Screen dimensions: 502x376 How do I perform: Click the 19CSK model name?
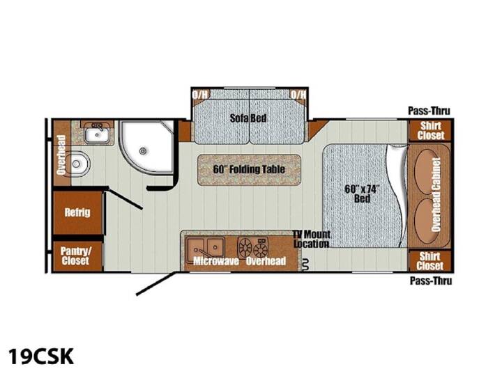(41, 357)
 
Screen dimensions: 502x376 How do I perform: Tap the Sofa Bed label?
(248, 118)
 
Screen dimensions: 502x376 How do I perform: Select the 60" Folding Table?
(249, 169)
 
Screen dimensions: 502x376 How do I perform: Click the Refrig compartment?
(78, 212)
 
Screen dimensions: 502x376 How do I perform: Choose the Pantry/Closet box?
(77, 256)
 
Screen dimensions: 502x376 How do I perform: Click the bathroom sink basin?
(97, 134)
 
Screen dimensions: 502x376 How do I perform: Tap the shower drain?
(143, 150)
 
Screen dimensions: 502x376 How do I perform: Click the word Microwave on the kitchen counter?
(216, 261)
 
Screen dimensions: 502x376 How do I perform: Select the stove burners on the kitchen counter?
(253, 246)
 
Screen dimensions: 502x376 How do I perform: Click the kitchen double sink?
(205, 247)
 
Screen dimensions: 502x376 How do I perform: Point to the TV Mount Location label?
(312, 239)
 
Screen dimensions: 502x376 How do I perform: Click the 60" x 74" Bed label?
(362, 194)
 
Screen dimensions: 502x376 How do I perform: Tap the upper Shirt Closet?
(430, 130)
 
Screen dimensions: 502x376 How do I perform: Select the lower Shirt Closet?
(430, 261)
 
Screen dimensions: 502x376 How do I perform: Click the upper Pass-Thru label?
(429, 111)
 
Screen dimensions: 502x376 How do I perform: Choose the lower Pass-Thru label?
(431, 281)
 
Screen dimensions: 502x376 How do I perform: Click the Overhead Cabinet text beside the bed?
(436, 194)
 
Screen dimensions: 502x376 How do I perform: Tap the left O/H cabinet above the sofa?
(200, 95)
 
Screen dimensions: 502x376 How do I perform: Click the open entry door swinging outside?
(156, 283)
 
